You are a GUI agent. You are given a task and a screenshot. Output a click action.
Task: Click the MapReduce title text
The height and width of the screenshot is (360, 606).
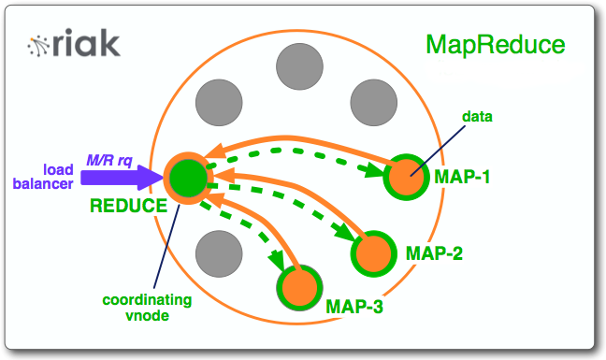[x=495, y=44]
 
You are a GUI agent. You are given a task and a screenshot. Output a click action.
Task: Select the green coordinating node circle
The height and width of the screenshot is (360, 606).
[x=187, y=176]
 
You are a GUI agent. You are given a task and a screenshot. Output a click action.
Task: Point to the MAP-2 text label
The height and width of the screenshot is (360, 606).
[x=436, y=253]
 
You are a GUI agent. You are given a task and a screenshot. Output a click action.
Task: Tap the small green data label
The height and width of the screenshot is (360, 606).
[x=477, y=117]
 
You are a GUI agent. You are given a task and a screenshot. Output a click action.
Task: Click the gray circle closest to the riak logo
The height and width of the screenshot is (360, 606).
[x=215, y=100]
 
